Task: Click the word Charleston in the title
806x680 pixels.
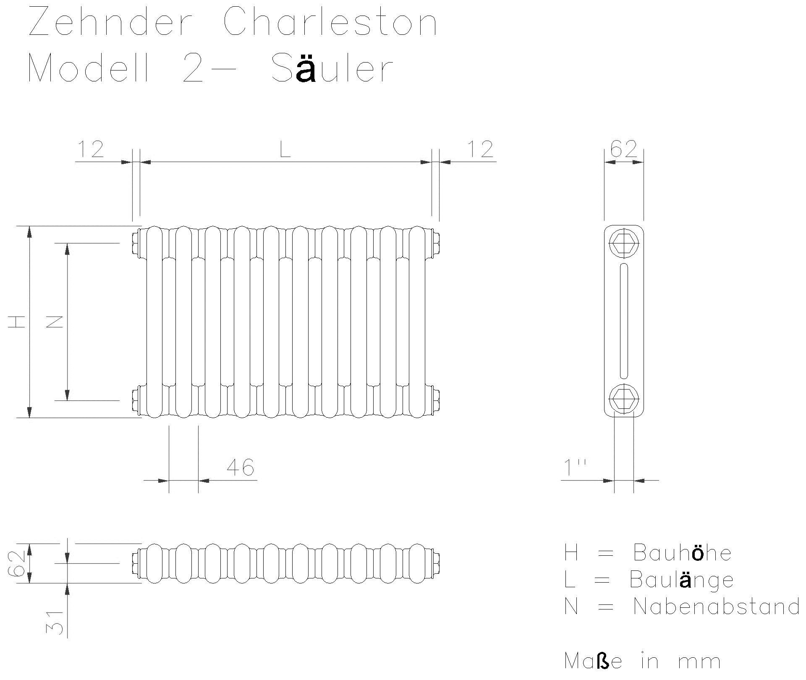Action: tap(330, 22)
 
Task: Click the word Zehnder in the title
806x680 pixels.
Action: tap(110, 22)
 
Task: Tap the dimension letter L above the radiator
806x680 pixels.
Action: tap(285, 149)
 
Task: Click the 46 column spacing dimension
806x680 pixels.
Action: tap(240, 467)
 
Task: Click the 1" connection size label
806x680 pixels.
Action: tap(575, 467)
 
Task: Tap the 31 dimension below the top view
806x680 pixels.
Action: tap(55, 622)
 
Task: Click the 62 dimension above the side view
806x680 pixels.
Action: tap(623, 149)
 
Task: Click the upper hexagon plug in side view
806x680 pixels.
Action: tap(624, 243)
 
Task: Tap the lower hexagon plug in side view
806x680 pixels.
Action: tap(624, 399)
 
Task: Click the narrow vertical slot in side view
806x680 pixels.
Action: tap(624, 321)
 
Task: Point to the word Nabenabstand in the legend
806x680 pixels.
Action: tap(716, 607)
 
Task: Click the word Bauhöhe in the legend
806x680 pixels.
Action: tap(682, 553)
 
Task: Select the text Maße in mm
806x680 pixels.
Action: tap(643, 661)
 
